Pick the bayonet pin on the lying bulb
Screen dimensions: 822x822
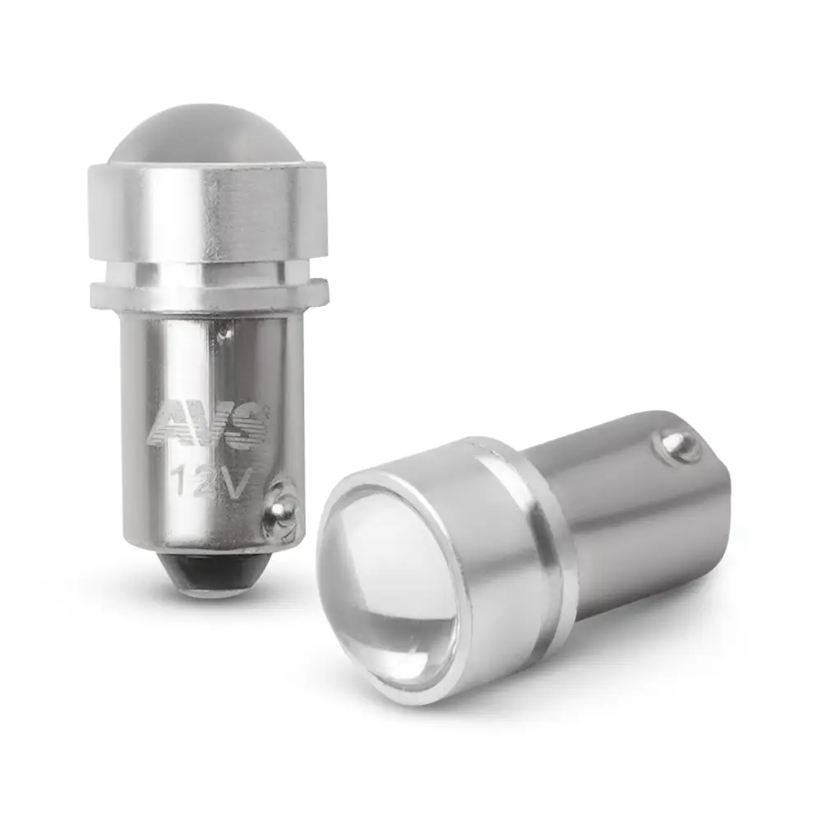[677, 448]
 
